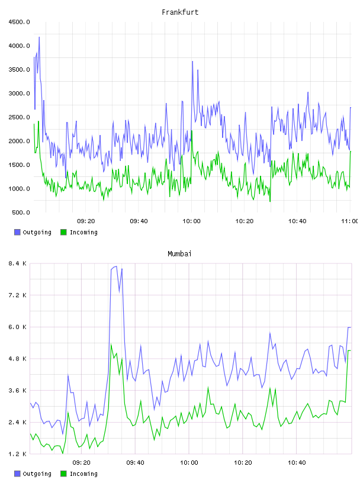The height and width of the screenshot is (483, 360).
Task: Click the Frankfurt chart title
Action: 180,12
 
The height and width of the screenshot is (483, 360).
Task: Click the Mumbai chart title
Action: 179,254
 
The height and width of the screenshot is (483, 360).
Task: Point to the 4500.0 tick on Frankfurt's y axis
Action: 19,22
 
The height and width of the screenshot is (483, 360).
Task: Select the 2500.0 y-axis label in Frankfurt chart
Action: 19,117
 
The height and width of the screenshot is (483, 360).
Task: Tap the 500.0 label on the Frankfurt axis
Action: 21,212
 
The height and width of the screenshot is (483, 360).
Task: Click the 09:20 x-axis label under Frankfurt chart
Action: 86,221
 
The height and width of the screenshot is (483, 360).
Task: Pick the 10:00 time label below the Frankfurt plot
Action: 191,221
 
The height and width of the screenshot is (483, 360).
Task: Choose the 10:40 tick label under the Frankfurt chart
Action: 297,221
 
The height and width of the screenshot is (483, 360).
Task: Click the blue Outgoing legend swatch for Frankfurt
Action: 17,232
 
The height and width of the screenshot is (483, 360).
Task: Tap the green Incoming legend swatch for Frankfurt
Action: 63,232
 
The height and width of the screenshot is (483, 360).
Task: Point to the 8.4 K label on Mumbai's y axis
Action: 17,263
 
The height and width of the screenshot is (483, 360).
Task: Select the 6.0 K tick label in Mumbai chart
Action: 17,327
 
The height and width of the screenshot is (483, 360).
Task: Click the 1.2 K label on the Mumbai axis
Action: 17,454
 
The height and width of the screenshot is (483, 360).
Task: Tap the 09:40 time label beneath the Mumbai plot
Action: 136,463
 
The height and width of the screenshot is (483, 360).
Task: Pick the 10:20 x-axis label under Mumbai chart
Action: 243,463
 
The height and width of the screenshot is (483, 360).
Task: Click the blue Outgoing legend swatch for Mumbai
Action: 17,474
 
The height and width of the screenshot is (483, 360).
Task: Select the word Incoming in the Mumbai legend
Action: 83,474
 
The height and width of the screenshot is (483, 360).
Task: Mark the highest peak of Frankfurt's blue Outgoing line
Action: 39,37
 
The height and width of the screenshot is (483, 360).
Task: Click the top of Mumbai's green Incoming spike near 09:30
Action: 111,344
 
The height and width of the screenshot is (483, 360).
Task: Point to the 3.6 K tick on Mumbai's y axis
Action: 17,391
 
